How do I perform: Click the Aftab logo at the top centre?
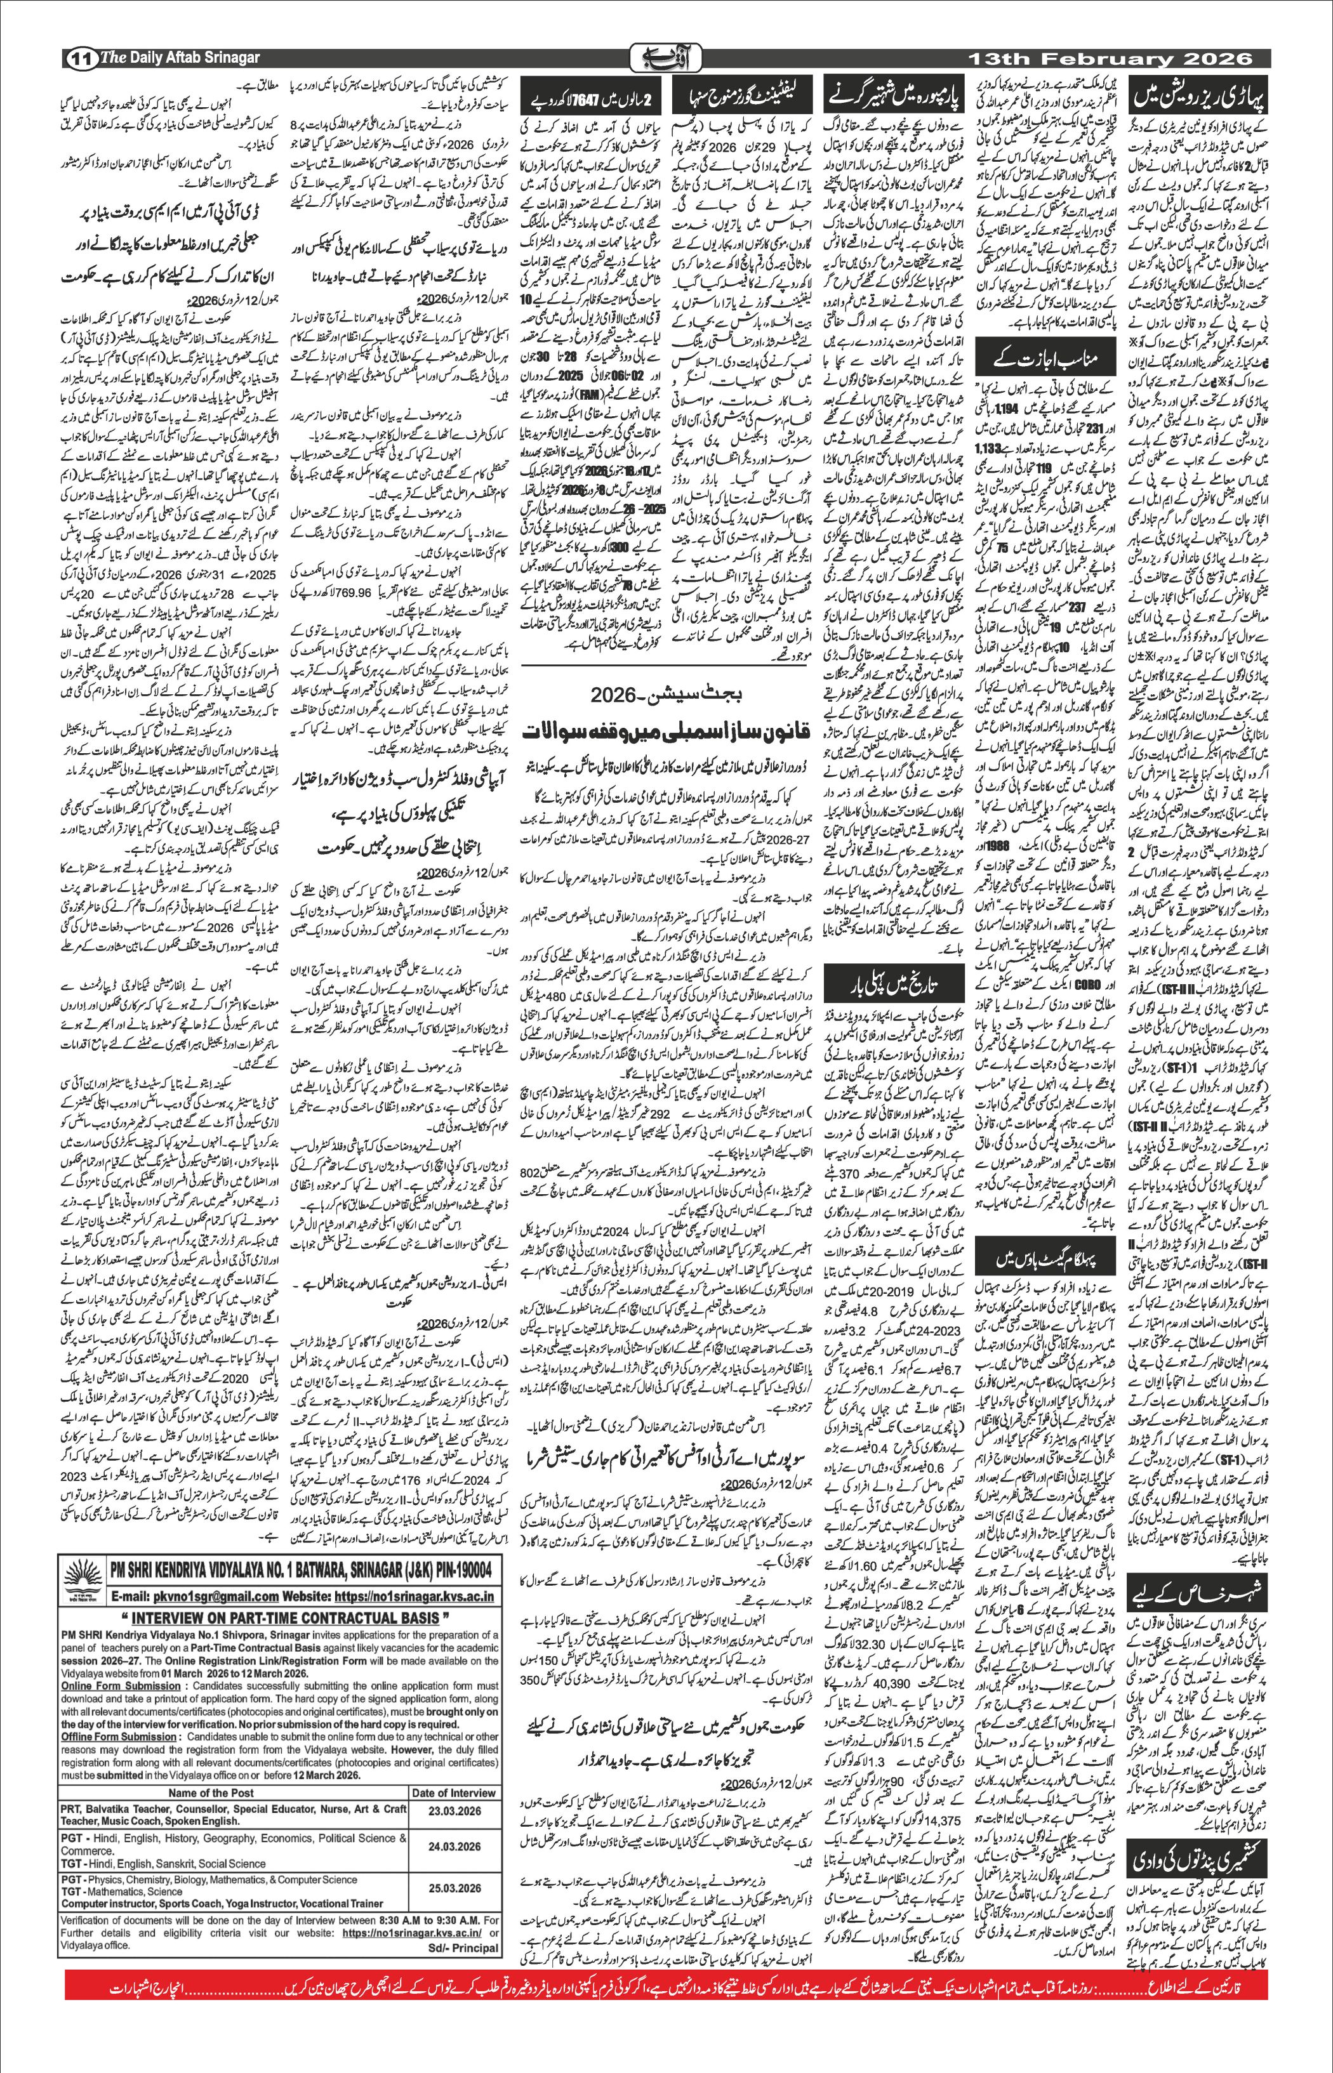tap(666, 58)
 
